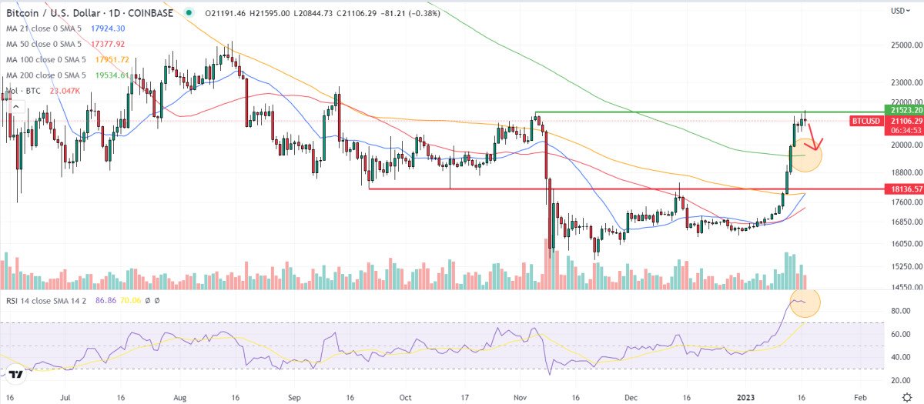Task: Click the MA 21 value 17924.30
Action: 109,28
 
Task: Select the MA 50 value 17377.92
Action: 109,44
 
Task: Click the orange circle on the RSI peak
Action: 804,303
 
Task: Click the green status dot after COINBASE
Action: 189,12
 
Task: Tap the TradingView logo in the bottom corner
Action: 14,375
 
